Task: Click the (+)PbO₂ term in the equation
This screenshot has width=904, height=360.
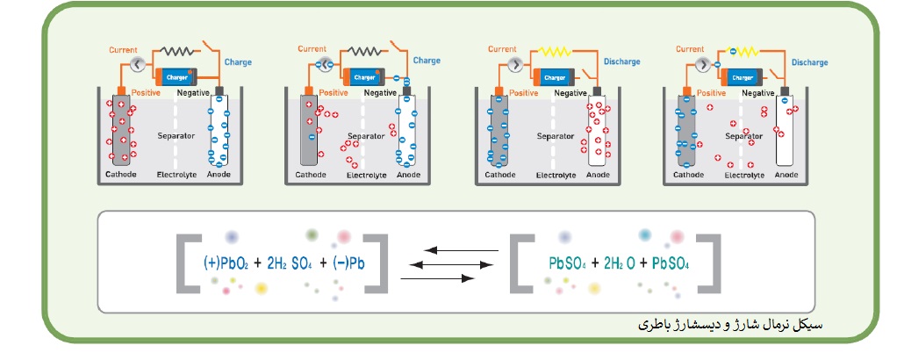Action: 227,263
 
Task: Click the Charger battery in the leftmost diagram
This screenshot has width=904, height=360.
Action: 176,78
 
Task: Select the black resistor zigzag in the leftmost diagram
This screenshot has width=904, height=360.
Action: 178,53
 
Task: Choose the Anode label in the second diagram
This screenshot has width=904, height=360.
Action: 409,175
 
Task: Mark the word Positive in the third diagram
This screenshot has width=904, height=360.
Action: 523,93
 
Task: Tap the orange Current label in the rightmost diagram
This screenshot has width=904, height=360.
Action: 692,49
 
